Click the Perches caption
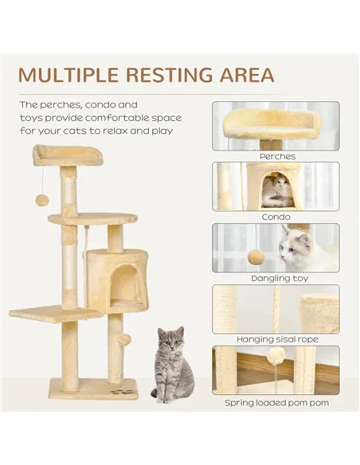276,157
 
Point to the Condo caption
276,217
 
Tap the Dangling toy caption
276,279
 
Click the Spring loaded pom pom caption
276,403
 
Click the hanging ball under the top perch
42,199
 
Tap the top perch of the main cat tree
68,154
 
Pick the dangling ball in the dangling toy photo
256,257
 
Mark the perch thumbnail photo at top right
276,126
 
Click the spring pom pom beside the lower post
123,340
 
